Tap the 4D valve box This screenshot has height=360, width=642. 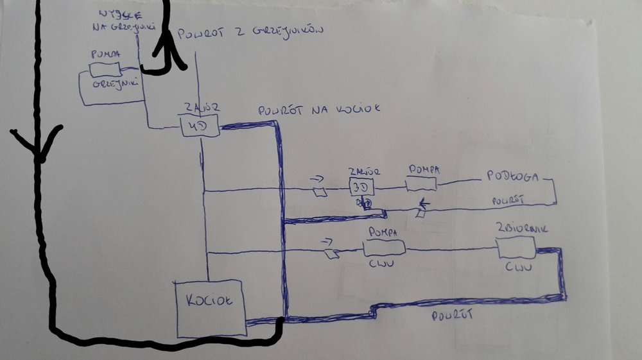[200, 126]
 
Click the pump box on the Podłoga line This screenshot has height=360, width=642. [422, 184]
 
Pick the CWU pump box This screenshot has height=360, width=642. [383, 246]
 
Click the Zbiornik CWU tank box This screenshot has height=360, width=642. [516, 246]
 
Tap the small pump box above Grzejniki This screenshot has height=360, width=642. [105, 67]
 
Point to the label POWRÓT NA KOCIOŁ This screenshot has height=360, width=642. [319, 110]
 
